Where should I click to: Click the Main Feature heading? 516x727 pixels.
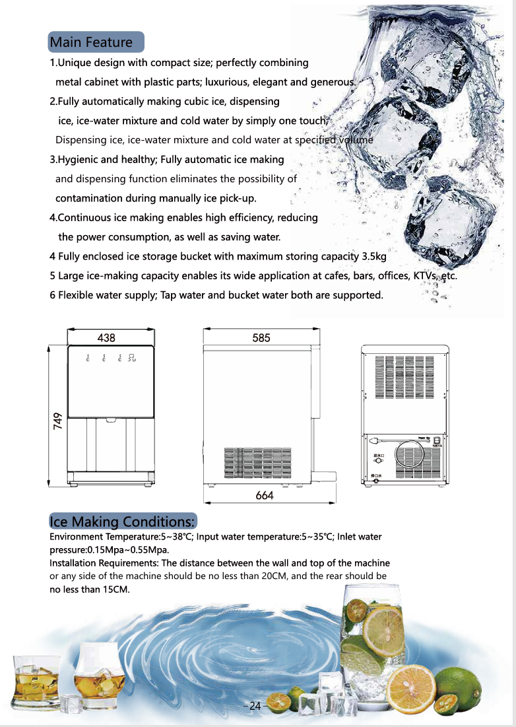click(x=92, y=43)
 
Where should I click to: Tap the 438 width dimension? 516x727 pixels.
click(x=106, y=338)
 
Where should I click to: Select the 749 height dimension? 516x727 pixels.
click(x=58, y=421)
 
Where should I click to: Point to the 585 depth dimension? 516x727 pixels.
click(x=261, y=338)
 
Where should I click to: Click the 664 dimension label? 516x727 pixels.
click(x=265, y=495)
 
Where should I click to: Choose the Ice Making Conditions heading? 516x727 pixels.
click(x=123, y=522)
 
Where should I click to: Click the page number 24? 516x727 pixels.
click(x=255, y=706)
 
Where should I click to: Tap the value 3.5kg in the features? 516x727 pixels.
click(x=373, y=256)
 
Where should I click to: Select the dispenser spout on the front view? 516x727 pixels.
click(x=111, y=419)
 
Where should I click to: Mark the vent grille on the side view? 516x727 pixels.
click(x=257, y=463)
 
